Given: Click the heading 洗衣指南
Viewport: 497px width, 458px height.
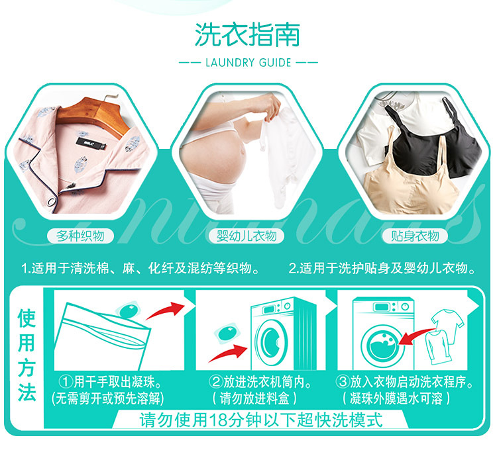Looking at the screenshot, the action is (247, 34).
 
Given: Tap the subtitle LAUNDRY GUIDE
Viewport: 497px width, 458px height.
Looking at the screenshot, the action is (248, 62).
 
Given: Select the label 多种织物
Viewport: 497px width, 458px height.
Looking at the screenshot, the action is (80, 236).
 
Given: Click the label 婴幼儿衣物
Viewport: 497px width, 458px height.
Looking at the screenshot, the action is (247, 236).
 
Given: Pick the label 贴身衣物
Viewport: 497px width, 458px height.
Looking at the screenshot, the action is (415, 236).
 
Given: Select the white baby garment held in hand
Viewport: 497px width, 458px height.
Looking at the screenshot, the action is (282, 158).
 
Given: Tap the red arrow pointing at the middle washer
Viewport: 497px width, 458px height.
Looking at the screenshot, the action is (227, 353).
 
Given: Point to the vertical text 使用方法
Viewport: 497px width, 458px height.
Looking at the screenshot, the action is (27, 355).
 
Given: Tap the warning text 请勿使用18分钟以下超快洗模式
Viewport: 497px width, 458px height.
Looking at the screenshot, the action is (261, 420).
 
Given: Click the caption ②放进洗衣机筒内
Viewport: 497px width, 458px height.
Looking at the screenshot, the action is (260, 382).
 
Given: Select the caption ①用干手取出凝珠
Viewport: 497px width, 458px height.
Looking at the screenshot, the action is (111, 382).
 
